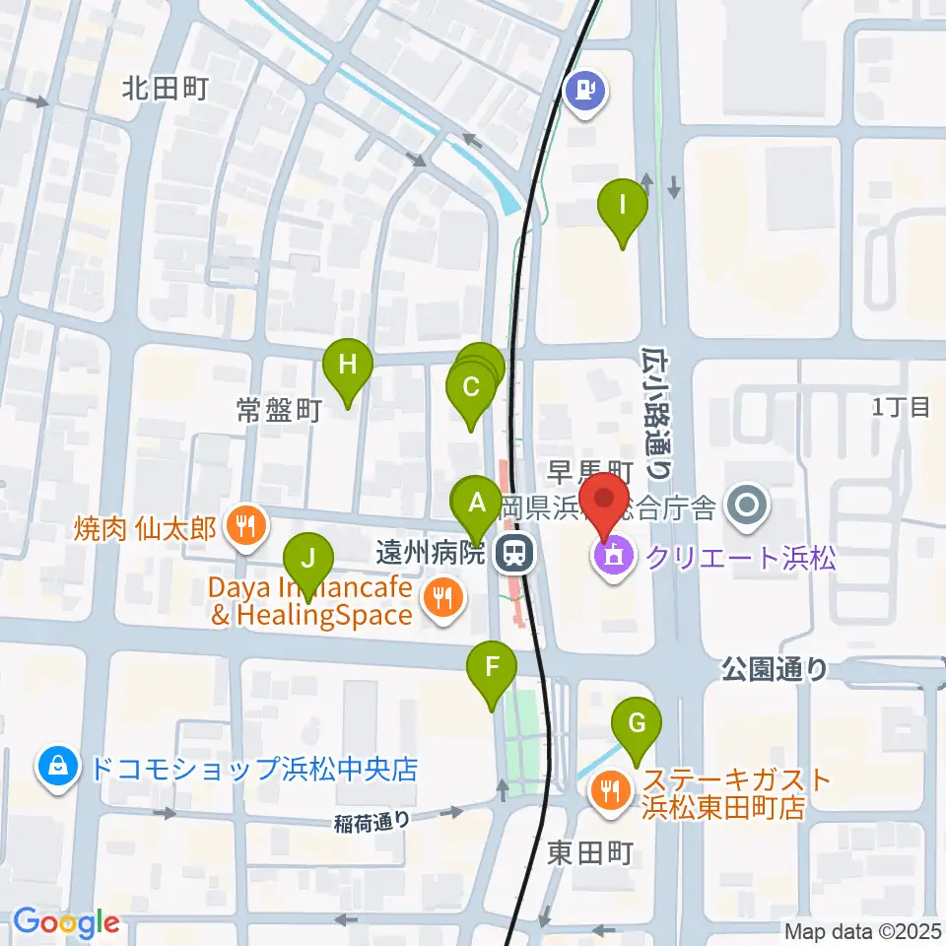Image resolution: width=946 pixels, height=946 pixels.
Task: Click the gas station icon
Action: [586, 92]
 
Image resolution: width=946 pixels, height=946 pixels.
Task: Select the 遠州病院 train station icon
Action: [512, 554]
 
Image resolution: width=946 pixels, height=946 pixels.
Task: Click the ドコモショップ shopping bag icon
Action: [57, 768]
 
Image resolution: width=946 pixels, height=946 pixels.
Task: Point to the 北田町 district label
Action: [165, 90]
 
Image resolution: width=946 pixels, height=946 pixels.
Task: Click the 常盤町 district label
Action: [279, 411]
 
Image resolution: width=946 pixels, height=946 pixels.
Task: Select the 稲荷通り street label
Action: [371, 817]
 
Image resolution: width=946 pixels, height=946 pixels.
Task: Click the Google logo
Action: [66, 922]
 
